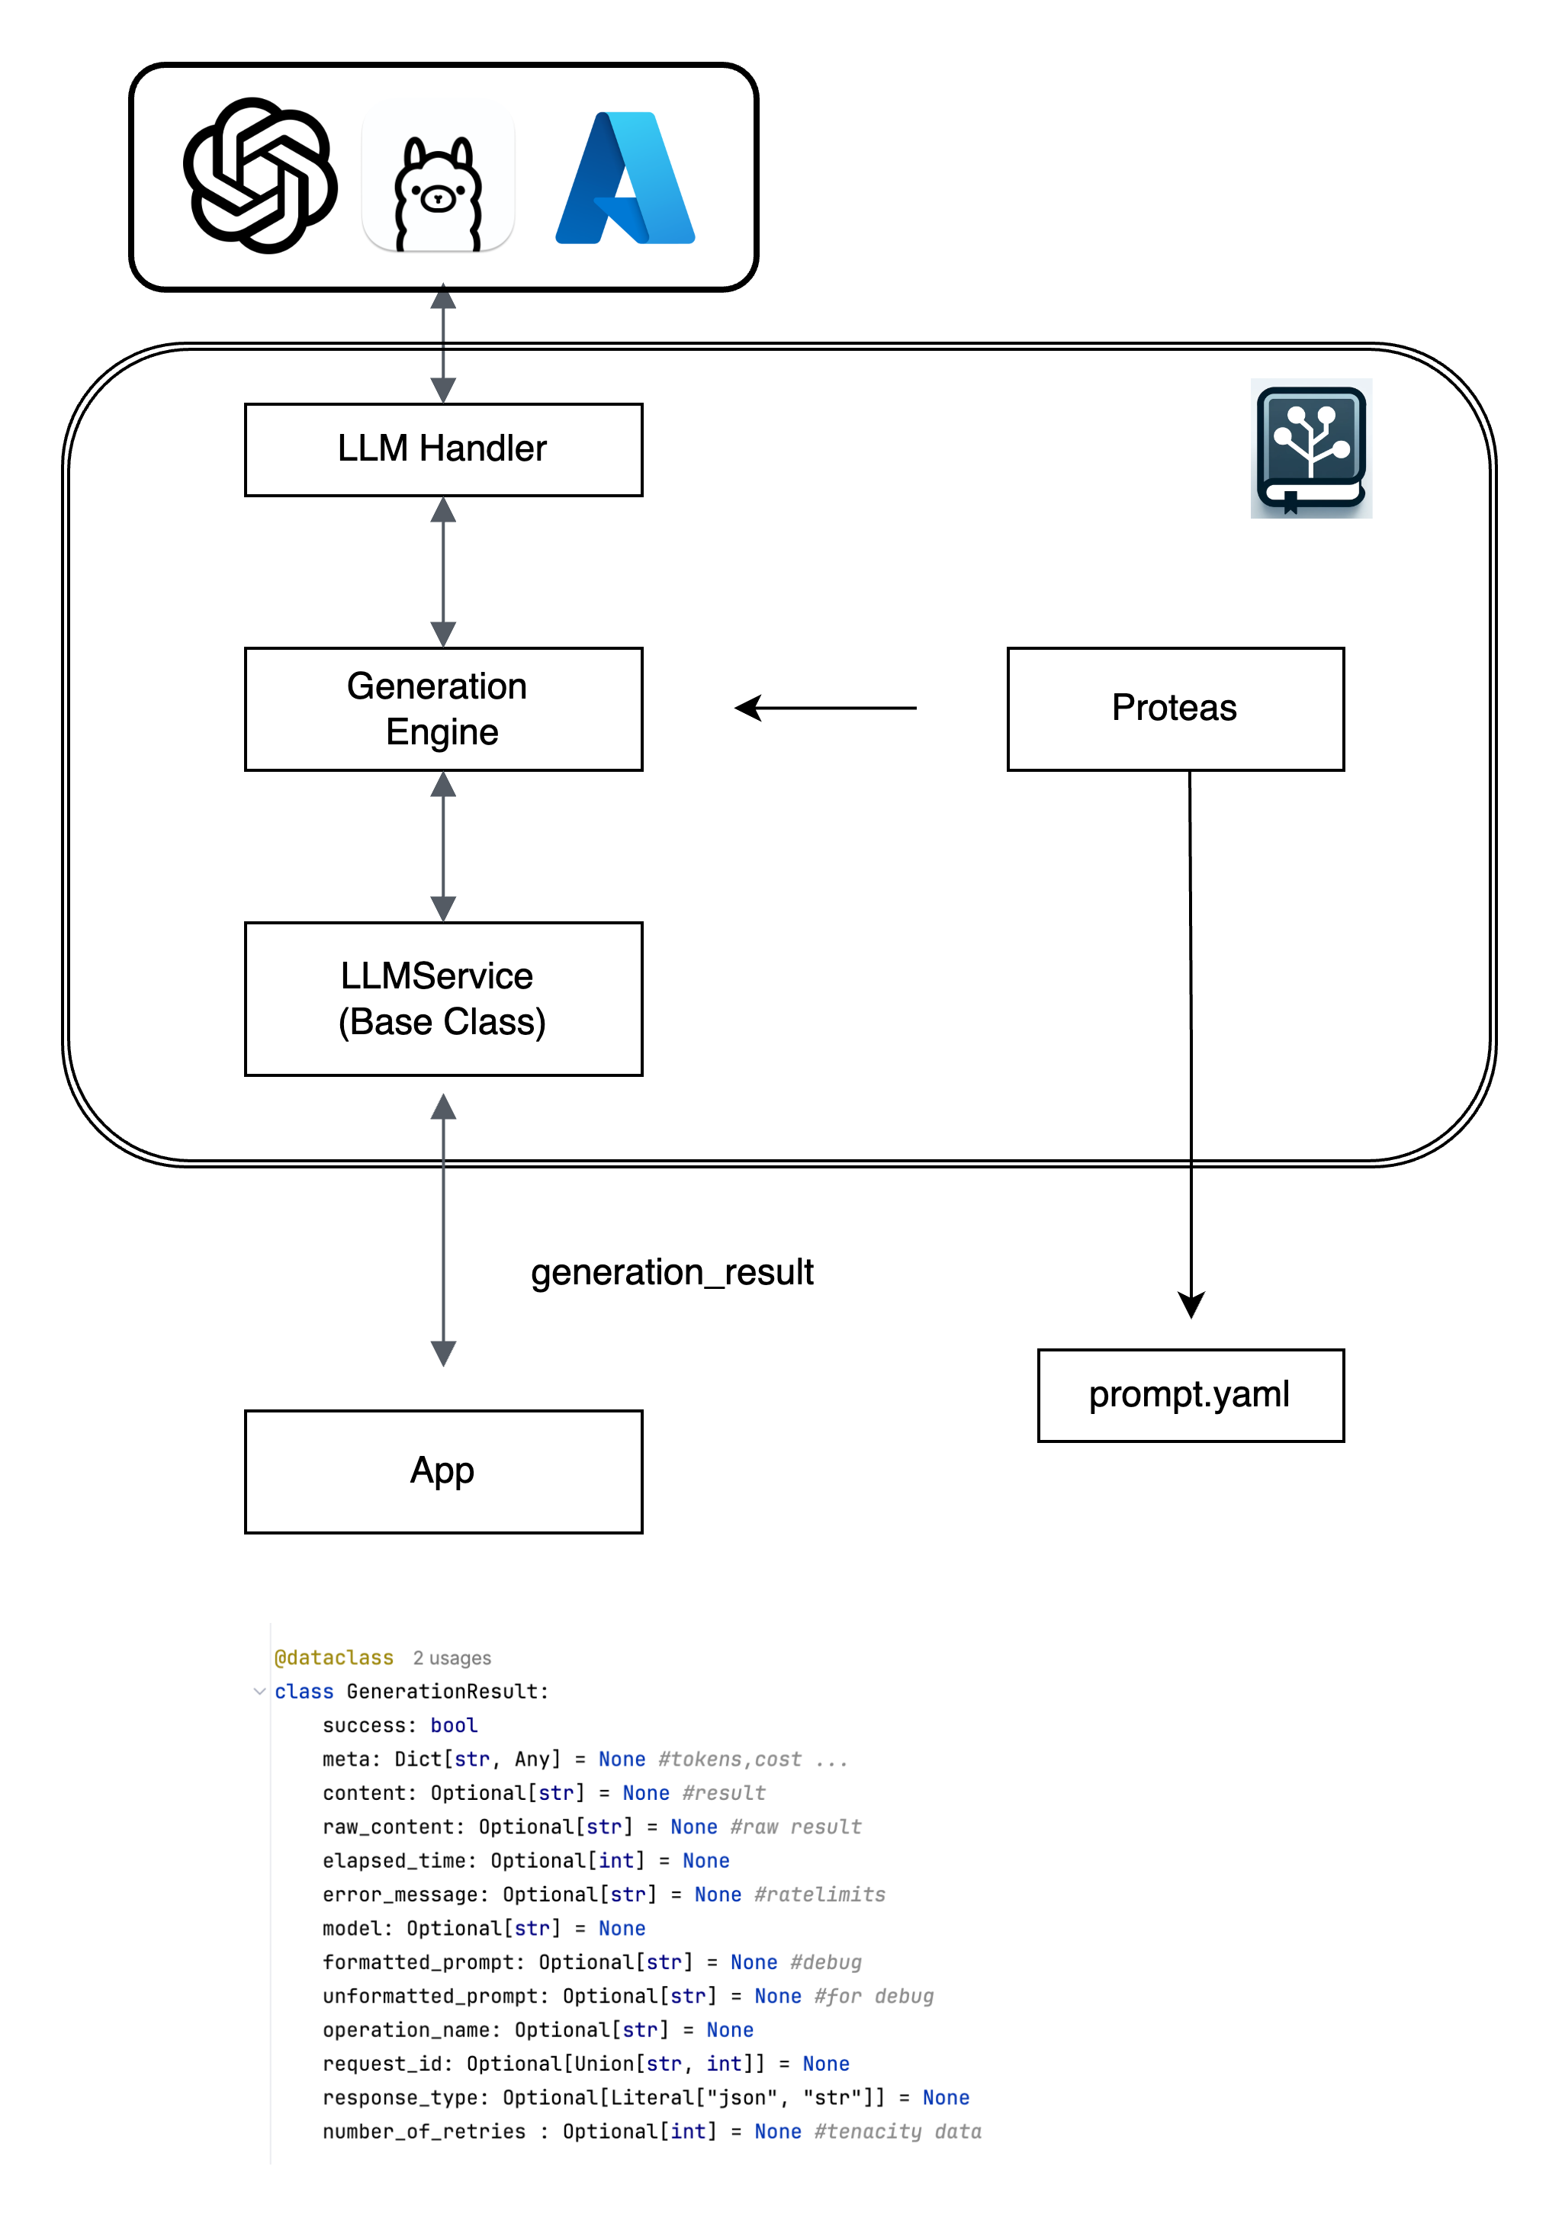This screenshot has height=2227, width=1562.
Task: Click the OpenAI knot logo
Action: pos(260,175)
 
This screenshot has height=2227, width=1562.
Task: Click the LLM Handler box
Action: pos(443,450)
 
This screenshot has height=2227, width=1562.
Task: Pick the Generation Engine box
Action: pos(443,709)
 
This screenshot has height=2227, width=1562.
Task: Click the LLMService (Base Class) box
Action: pos(443,999)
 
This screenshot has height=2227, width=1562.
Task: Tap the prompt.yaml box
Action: pos(1191,1395)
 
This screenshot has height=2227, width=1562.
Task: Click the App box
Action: pos(443,1471)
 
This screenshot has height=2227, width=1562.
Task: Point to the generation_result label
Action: pos(671,1271)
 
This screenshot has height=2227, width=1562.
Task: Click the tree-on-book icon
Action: pos(1311,448)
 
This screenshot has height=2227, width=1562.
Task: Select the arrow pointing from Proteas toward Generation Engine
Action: pos(824,708)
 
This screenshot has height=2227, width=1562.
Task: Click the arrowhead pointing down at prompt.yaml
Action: pos(1191,1303)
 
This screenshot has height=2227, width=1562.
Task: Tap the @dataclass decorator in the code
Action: pos(334,1657)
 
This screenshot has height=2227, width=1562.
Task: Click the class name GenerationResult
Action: pos(447,1692)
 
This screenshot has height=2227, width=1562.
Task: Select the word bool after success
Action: pos(454,1725)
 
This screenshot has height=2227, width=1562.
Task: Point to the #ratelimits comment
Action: pos(820,1894)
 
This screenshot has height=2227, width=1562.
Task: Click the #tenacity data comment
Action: pos(898,2131)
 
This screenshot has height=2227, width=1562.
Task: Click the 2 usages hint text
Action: pos(452,1659)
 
